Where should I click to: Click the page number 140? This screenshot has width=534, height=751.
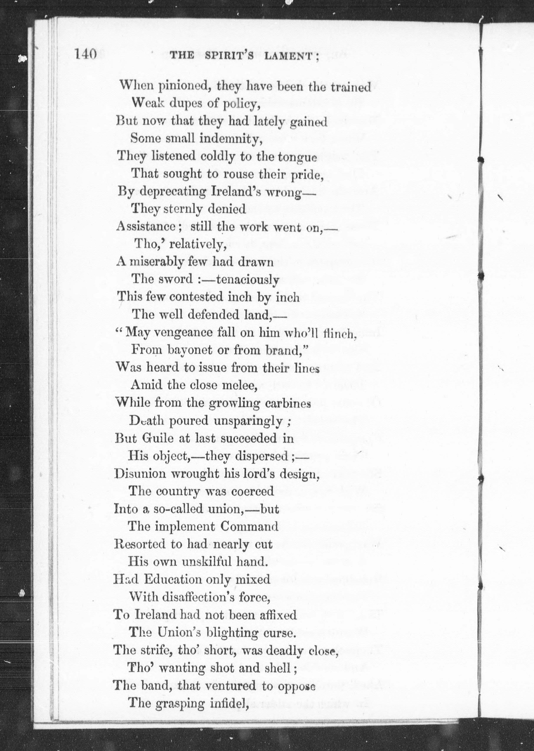point(86,54)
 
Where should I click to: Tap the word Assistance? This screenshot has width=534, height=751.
point(146,227)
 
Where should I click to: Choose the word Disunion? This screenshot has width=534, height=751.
point(140,474)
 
